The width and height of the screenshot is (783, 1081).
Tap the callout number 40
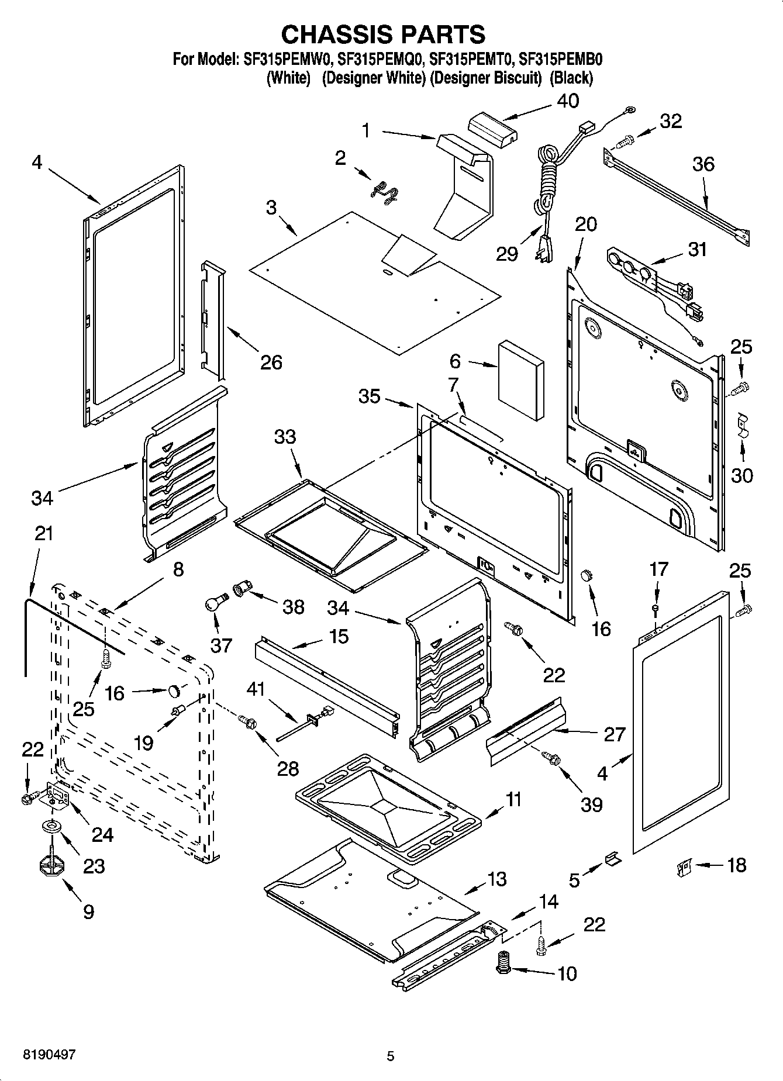(x=567, y=101)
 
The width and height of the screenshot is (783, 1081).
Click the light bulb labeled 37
(x=214, y=603)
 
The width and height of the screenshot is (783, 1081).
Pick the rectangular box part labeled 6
(x=520, y=381)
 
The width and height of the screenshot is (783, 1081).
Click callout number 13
(x=496, y=879)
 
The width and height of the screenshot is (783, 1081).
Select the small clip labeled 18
(x=683, y=866)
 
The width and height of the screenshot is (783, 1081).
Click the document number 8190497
(x=49, y=1054)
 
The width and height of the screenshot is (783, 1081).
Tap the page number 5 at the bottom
(x=391, y=1056)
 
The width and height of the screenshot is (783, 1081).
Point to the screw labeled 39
(x=551, y=758)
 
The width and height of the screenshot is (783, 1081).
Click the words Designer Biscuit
(x=485, y=78)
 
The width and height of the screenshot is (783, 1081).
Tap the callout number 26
(x=271, y=362)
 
